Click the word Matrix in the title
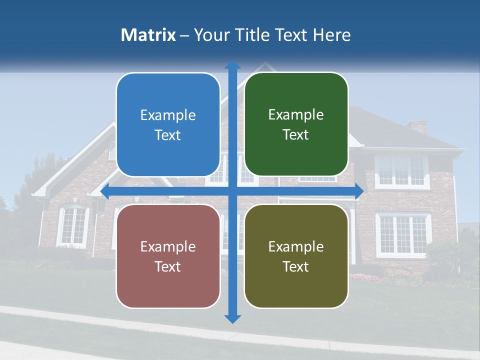pos(148,35)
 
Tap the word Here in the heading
pos(331,35)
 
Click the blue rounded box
pos(168,124)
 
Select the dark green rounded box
pos(296,124)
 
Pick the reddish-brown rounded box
pos(168,256)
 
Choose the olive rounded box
pos(296,256)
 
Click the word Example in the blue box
pos(168,115)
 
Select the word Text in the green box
pos(296,134)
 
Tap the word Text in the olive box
pos(296,266)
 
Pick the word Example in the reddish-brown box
pos(168,246)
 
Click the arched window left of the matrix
pos(73,225)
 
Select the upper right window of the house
pos(402,171)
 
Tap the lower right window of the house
pos(403,234)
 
